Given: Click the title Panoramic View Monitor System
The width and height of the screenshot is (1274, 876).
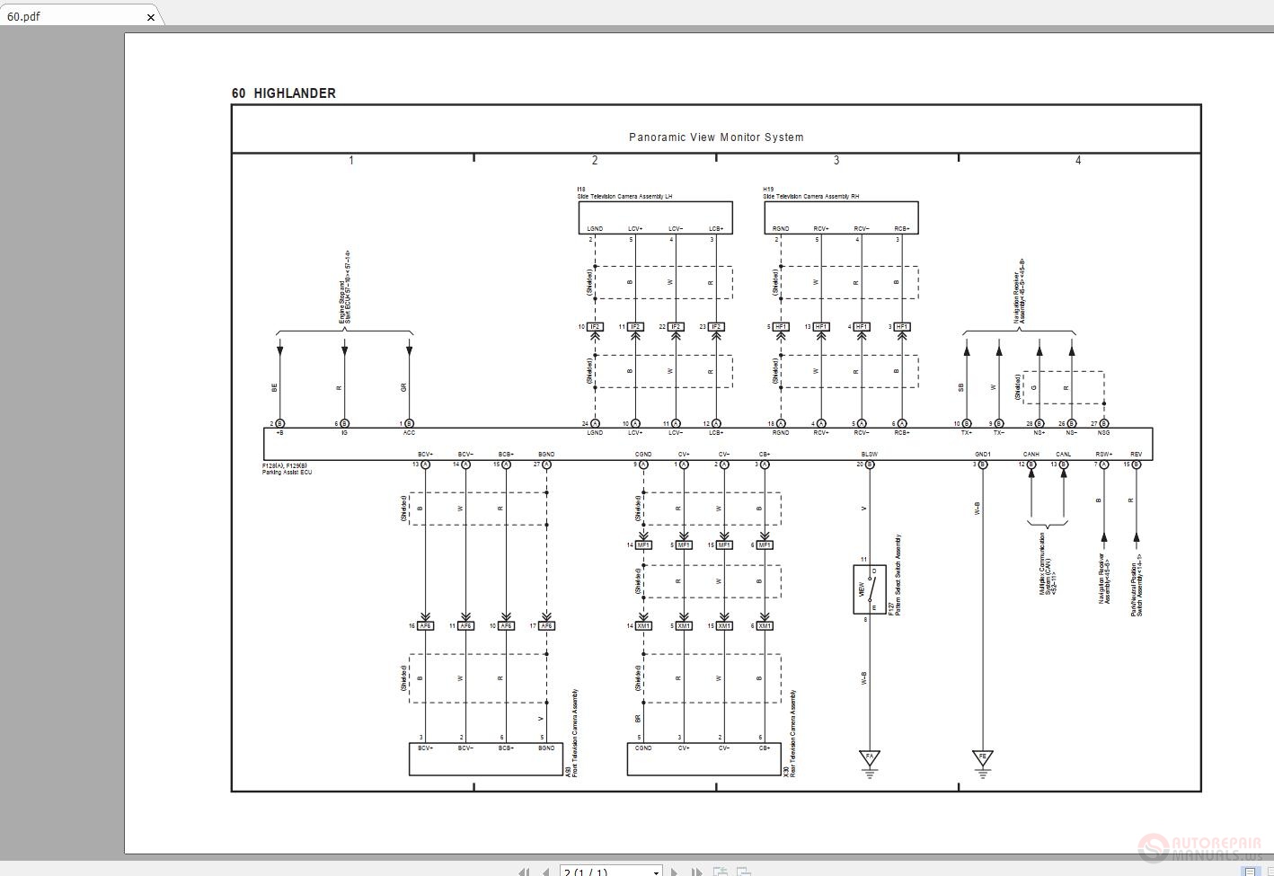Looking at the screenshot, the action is pos(716,137).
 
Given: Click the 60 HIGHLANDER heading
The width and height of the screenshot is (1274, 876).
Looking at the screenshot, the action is pos(284,93).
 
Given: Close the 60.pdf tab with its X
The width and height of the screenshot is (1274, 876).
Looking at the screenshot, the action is pos(151,16).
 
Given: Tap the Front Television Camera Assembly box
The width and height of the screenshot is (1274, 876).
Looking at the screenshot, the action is pos(485,759).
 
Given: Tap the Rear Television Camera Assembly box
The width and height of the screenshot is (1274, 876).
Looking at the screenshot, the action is pos(704,759).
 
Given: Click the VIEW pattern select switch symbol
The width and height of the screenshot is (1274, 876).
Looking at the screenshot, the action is pos(869,589).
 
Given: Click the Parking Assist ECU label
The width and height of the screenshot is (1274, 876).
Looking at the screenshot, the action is pos(288,473).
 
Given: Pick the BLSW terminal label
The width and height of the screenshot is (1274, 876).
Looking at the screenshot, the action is pos(869,455).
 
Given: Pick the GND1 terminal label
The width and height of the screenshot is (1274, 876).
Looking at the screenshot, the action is pos(983,455).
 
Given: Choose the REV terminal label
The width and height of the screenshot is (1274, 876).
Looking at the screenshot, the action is pos(1137,455).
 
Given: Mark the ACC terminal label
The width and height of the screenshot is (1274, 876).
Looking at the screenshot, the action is pos(409,433).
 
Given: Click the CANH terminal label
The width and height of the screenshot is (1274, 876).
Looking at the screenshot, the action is pos(1031,455).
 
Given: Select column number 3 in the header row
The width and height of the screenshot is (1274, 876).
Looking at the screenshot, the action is pos(836,161).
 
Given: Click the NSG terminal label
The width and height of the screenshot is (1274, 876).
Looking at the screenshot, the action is pos(1103,433).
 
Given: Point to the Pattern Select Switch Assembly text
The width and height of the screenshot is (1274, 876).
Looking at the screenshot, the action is pos(898,575).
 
